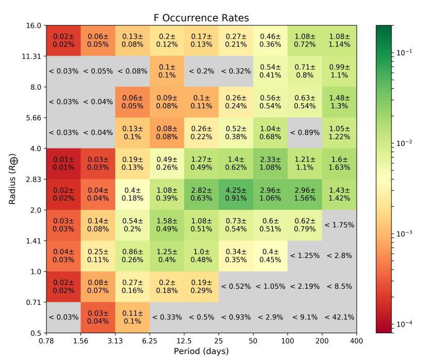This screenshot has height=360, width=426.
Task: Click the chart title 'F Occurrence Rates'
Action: click(201, 18)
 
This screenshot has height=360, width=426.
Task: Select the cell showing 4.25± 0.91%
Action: click(236, 194)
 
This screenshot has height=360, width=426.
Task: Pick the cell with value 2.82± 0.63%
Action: click(201, 194)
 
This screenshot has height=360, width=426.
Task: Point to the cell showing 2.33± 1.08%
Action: click(270, 163)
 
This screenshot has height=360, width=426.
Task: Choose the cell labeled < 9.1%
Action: click(305, 317)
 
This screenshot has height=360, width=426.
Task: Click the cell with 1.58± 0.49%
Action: click(167, 225)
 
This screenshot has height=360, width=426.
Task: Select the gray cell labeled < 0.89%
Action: click(305, 133)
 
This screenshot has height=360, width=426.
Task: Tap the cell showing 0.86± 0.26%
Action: click(132, 256)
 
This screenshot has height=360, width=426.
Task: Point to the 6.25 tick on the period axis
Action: click(150, 341)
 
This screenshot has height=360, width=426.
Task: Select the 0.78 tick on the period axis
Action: click(46, 341)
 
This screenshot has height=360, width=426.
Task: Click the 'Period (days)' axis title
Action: click(201, 351)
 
